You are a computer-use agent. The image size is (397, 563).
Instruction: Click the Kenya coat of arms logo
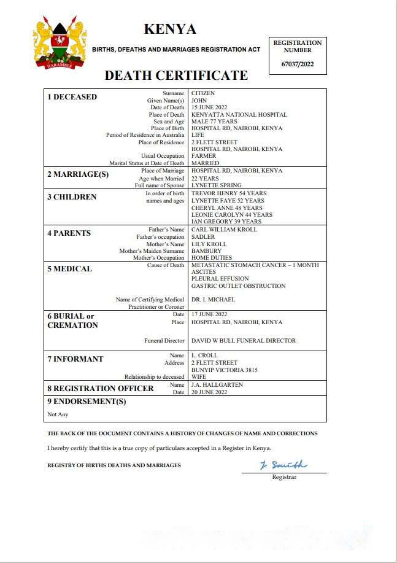pyautogui.click(x=60, y=42)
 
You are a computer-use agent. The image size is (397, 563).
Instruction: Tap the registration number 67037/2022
pyautogui.click(x=297, y=64)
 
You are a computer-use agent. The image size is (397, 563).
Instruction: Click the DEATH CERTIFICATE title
pyautogui.click(x=176, y=76)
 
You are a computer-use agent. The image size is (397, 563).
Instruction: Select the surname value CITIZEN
pyautogui.click(x=204, y=93)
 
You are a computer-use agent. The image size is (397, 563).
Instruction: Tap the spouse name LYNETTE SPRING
pyautogui.click(x=216, y=185)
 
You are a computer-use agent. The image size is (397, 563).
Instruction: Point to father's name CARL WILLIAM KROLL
pyautogui.click(x=224, y=230)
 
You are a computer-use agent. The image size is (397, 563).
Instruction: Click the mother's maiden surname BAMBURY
pyautogui.click(x=206, y=251)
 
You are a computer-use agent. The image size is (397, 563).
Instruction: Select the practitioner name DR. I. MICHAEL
pyautogui.click(x=213, y=300)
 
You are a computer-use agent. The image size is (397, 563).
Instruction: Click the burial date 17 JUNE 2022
pyautogui.click(x=209, y=314)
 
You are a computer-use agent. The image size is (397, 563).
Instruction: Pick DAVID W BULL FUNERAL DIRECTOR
pyautogui.click(x=244, y=341)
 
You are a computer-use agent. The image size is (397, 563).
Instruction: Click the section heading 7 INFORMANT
pyautogui.click(x=75, y=359)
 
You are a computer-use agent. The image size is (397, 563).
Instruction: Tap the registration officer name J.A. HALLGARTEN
pyautogui.click(x=217, y=385)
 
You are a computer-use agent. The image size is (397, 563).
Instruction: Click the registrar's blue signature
pyautogui.click(x=283, y=465)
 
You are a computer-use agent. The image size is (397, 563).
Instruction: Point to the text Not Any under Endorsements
pyautogui.click(x=59, y=414)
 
